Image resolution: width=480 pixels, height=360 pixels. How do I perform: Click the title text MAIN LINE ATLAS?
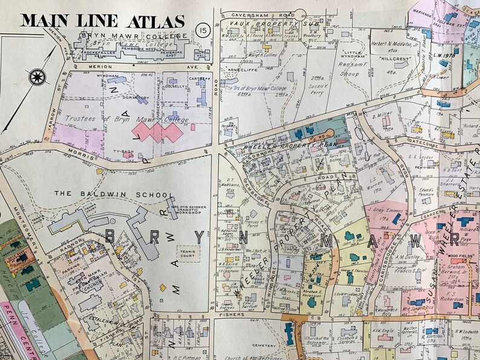(x=102, y=21)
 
